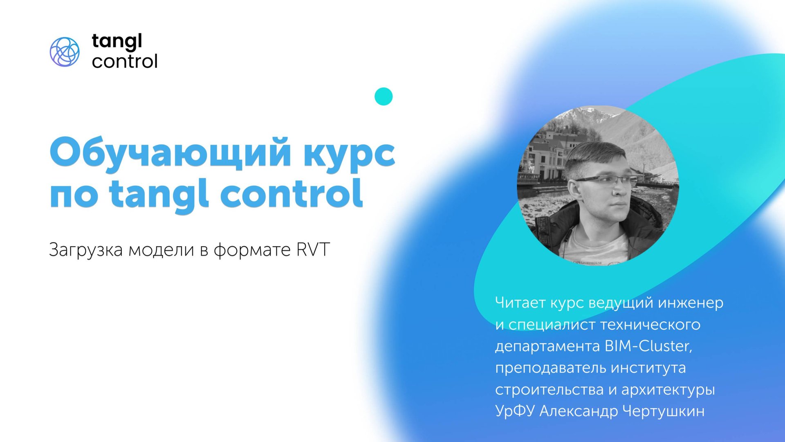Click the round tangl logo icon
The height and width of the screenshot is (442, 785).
tap(65, 52)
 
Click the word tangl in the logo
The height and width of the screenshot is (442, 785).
tap(117, 42)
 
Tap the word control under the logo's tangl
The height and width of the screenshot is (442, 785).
tap(124, 62)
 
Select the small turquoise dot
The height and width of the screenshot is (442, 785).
tap(384, 96)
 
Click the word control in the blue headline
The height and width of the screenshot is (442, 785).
tap(291, 194)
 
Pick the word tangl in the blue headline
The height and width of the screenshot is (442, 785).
tap(159, 195)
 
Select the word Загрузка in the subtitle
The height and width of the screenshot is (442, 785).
tap(85, 250)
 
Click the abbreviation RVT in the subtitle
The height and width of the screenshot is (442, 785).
tap(313, 249)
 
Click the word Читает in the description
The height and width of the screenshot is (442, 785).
tap(520, 303)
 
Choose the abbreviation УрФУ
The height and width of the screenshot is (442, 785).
tap(515, 411)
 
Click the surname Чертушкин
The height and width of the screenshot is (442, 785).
tap(663, 411)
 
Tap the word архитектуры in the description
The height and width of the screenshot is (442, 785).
tap(668, 390)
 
